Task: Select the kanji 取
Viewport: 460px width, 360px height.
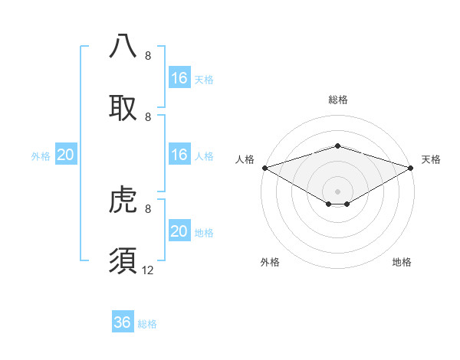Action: click(x=123, y=107)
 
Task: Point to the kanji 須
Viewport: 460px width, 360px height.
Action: click(x=123, y=260)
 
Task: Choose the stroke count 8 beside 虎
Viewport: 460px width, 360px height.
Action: click(x=148, y=208)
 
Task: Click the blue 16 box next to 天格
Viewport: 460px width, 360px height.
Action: click(x=179, y=78)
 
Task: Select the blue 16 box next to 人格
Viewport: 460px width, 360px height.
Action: click(x=179, y=155)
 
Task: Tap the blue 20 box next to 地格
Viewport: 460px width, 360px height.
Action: click(x=179, y=231)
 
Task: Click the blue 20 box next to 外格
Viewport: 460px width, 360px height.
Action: click(x=66, y=155)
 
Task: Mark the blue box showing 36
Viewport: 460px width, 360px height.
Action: click(x=123, y=322)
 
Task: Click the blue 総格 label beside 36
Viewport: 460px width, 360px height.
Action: click(x=147, y=324)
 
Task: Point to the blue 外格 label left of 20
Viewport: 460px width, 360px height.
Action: click(x=41, y=156)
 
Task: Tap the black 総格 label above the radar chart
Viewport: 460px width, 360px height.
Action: click(x=338, y=100)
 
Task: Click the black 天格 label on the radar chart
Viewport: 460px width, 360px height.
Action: click(x=432, y=159)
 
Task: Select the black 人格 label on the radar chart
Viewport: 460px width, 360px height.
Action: click(x=245, y=159)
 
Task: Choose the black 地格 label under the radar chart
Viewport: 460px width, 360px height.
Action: click(x=402, y=262)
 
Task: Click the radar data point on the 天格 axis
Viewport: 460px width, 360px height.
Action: click(x=412, y=168)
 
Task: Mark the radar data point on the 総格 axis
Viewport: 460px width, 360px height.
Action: click(x=338, y=146)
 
